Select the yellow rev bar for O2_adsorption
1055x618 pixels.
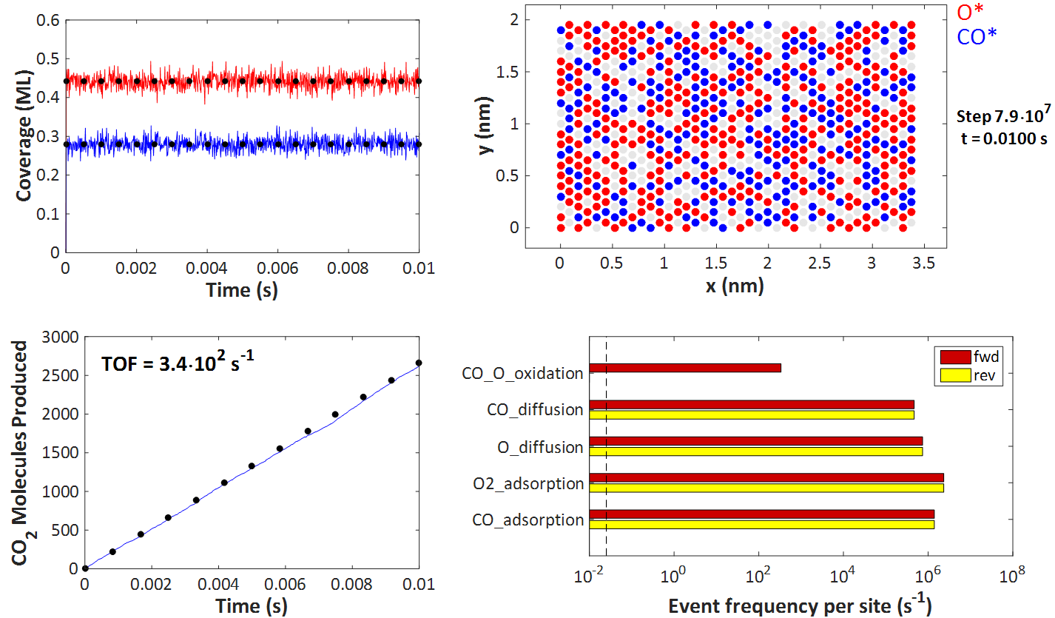coord(766,488)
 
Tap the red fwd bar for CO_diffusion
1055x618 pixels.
coord(751,404)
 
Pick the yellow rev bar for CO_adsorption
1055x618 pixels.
coord(761,525)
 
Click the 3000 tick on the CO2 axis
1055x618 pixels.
coord(56,337)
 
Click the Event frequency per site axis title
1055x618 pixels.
coord(800,605)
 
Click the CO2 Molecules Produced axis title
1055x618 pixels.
coord(23,452)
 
